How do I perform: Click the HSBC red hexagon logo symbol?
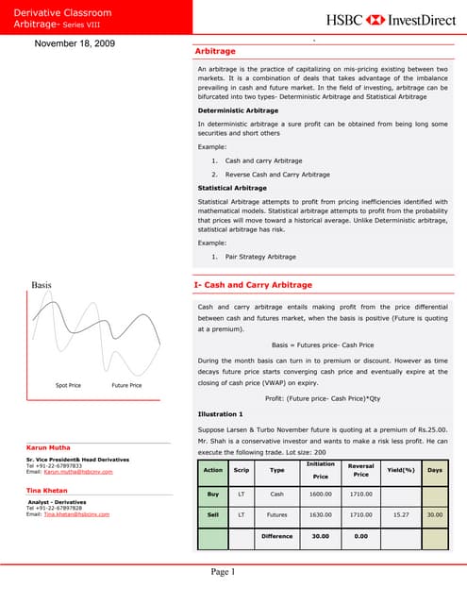point(375,19)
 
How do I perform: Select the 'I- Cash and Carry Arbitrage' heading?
point(252,284)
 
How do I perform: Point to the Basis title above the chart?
point(42,284)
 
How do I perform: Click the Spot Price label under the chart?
point(68,385)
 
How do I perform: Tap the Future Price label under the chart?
point(126,385)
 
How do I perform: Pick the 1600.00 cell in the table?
point(320,494)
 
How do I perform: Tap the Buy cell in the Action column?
point(212,494)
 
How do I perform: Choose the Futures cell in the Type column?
point(276,515)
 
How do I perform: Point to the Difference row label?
point(276,537)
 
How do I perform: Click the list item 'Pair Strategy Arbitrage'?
point(260,257)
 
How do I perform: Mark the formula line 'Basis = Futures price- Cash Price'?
point(323,345)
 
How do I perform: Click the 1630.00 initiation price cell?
point(320,515)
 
